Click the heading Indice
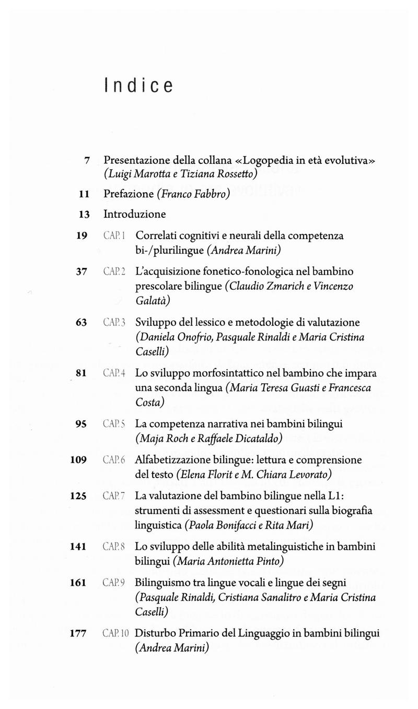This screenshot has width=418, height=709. point(138,85)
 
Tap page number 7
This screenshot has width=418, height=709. point(88,160)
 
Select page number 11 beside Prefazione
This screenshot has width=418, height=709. point(84,194)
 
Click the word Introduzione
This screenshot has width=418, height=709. point(134,214)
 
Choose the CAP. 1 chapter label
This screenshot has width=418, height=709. point(113,236)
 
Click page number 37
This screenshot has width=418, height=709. point(81,271)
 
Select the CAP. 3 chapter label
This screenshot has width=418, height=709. point(113,323)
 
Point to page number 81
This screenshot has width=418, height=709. point(81,373)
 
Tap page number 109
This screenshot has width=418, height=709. point(78,460)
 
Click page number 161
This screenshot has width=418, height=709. point(78,582)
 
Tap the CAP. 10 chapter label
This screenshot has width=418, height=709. point(115,633)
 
